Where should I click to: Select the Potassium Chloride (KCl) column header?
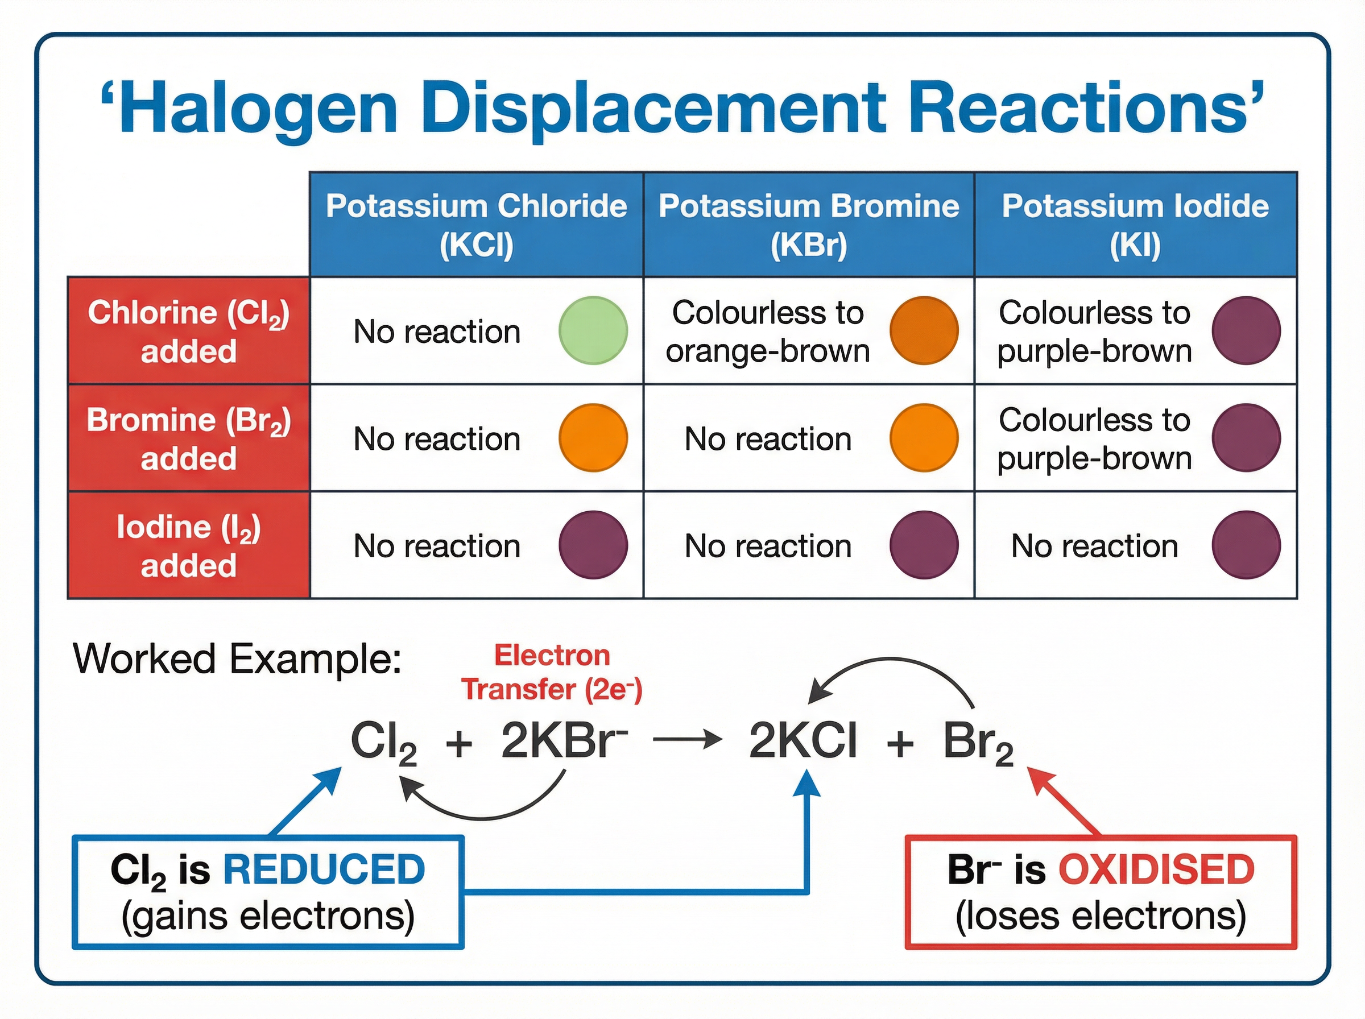click(476, 225)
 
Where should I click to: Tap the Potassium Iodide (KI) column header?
click(1135, 225)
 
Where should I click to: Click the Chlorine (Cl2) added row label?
click(188, 332)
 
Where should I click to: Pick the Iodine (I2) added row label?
click(188, 545)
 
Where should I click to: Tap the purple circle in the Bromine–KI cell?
click(1246, 438)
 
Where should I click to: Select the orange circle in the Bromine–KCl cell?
click(593, 438)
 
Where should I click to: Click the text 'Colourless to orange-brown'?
click(767, 332)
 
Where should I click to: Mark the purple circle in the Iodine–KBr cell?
click(923, 545)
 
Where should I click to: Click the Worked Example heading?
click(238, 659)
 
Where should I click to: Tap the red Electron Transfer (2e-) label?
click(552, 672)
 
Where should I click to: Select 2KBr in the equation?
click(561, 741)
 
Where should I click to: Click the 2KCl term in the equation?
click(803, 741)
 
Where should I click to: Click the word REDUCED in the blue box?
click(324, 869)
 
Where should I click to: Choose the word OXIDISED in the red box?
click(1156, 869)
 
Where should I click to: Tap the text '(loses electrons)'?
click(1101, 916)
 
